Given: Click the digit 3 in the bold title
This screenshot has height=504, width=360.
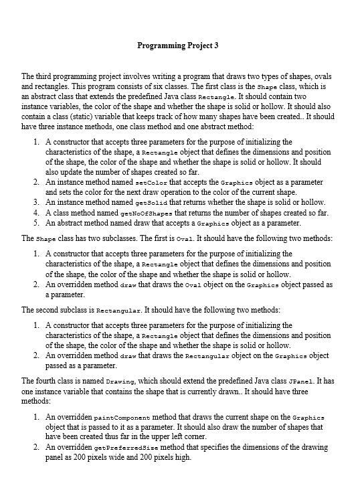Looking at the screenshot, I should coord(217,46).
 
